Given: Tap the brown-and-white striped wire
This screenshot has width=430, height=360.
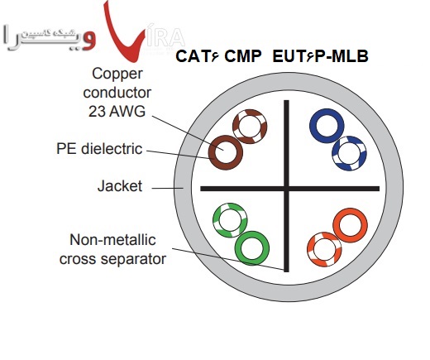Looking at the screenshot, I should (248, 126).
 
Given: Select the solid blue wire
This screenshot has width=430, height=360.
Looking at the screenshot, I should (325, 127).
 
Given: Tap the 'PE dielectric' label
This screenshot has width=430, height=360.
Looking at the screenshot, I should (99, 149).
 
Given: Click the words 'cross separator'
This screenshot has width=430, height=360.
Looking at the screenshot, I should (112, 260).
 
